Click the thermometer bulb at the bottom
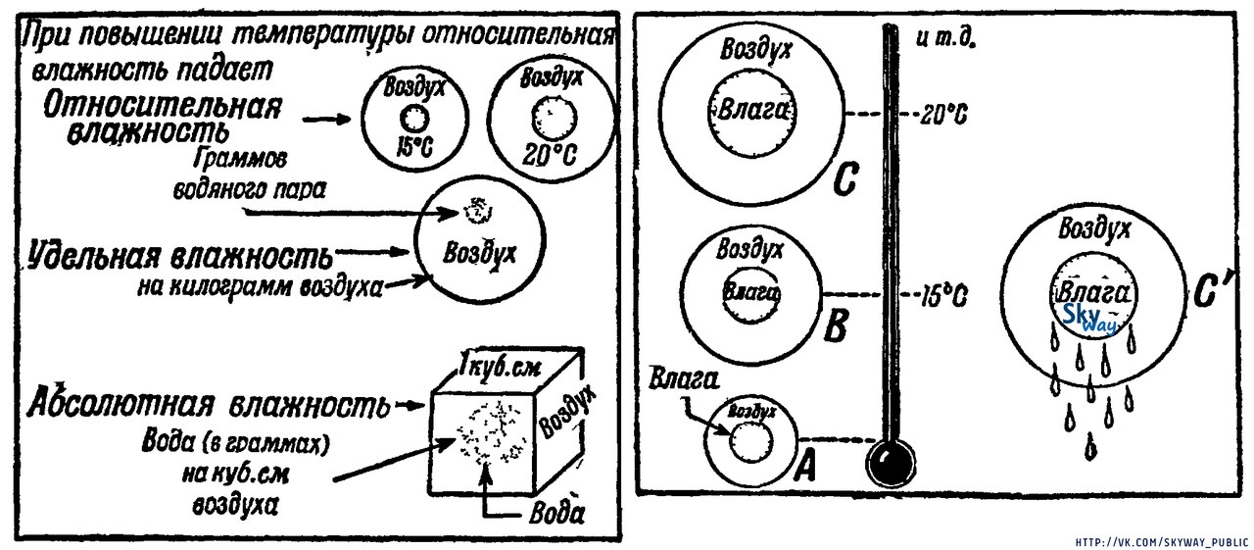890,461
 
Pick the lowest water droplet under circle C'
1089,448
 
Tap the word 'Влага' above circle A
677,379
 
